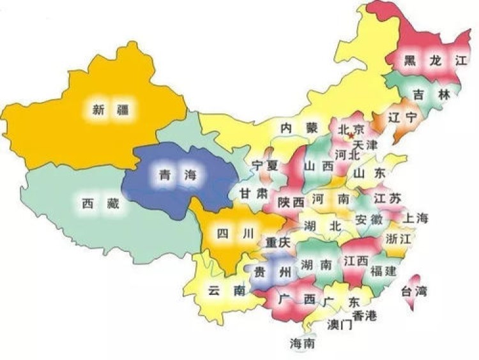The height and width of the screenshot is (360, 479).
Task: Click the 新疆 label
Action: click(110, 110)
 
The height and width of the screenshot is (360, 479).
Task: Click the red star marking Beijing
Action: click(350, 136)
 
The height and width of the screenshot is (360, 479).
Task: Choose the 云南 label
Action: click(227, 290)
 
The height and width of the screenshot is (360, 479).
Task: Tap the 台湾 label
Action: click(413, 292)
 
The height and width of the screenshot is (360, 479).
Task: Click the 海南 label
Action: click(302, 343)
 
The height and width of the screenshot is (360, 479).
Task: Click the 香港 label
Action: click(365, 315)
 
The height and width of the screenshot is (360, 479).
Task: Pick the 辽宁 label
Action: click(402, 117)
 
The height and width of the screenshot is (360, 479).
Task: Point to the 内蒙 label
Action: click(299, 128)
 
